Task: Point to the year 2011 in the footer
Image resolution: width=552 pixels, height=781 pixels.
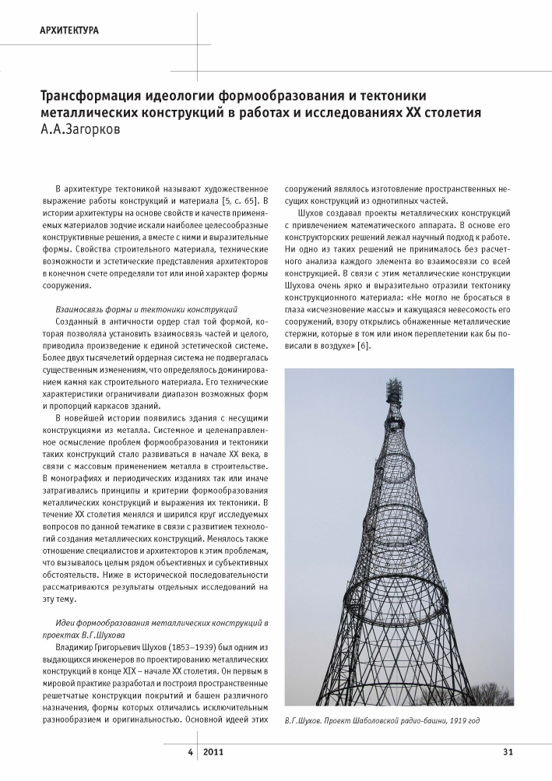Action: pyautogui.click(x=216, y=751)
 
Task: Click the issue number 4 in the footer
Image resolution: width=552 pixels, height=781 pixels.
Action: pyautogui.click(x=189, y=751)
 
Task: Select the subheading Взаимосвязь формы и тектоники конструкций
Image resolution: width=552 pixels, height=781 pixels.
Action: pyautogui.click(x=142, y=309)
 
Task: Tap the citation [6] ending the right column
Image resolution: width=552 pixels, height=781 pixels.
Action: pyautogui.click(x=363, y=346)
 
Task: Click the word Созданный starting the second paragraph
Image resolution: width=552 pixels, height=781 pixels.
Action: pyautogui.click(x=79, y=322)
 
